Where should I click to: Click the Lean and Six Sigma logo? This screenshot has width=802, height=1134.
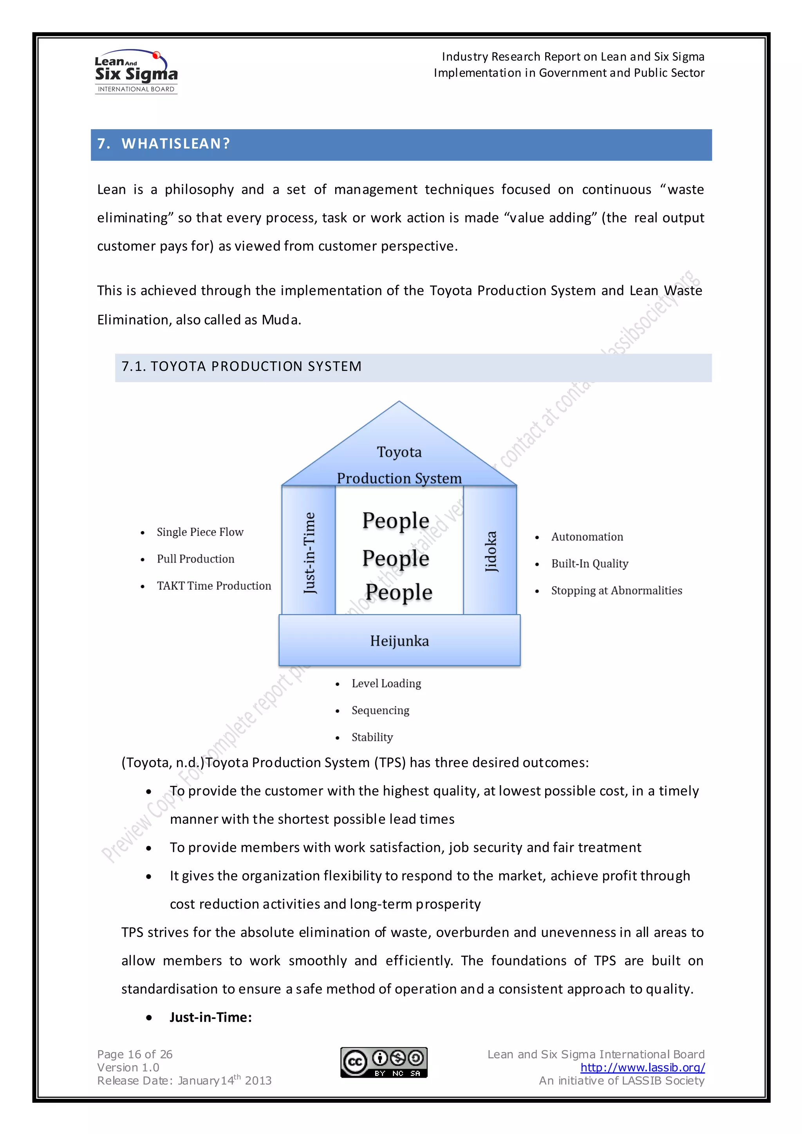tap(136, 72)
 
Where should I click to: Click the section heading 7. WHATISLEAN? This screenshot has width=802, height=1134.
tap(163, 144)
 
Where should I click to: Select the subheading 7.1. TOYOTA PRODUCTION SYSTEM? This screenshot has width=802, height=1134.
tap(242, 367)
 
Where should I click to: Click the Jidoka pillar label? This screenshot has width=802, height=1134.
tap(490, 551)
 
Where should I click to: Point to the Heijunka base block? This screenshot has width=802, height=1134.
tap(399, 641)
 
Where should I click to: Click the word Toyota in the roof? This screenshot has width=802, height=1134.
tap(399, 452)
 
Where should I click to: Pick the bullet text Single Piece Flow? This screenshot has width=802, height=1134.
tap(200, 532)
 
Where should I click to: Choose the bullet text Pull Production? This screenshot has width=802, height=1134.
tap(195, 559)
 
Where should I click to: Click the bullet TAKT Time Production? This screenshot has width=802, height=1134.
tap(214, 586)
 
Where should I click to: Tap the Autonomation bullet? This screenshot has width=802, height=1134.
tap(587, 537)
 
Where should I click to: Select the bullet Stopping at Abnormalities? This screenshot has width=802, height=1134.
tap(616, 591)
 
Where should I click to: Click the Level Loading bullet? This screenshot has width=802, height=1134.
tap(386, 684)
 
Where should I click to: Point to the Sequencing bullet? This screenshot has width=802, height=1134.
tap(380, 710)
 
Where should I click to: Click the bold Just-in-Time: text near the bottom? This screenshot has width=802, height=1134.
tap(211, 1017)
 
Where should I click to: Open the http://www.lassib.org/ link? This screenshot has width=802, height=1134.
tap(643, 1067)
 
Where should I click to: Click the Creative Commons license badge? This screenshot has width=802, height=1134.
tap(384, 1062)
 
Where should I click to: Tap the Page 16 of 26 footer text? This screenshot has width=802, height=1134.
tap(135, 1055)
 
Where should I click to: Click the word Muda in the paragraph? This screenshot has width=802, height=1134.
tap(280, 320)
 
